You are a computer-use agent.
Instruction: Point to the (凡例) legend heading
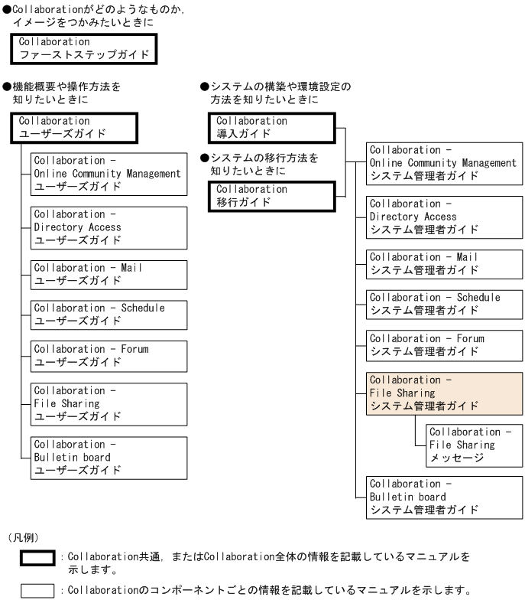(24, 537)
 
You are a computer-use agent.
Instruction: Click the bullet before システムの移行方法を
(205, 158)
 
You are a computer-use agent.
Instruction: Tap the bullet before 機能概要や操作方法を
(7, 86)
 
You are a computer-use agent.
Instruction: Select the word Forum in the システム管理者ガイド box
(471, 338)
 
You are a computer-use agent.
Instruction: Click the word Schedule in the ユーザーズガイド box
(143, 308)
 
